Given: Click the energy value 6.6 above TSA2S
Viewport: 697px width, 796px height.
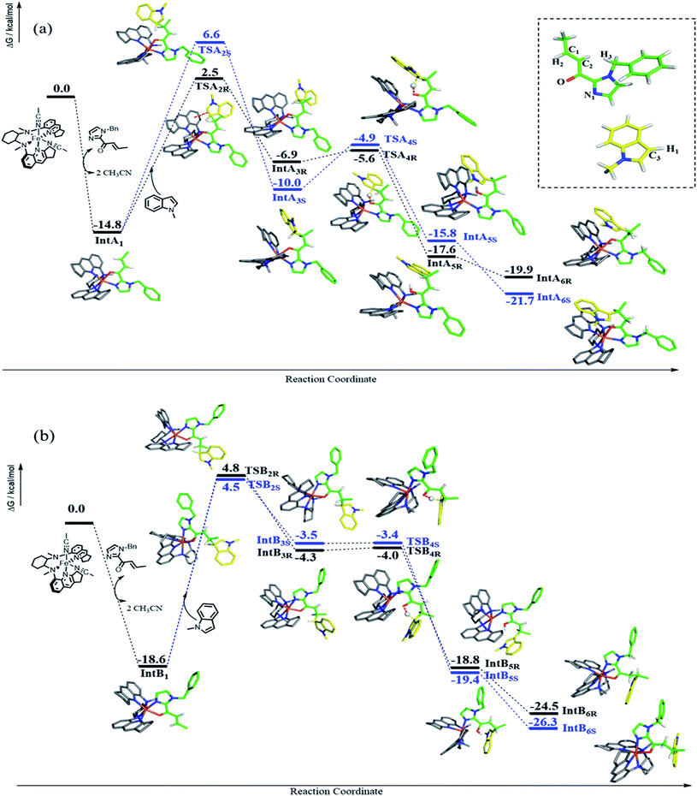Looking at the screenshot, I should click(x=209, y=34).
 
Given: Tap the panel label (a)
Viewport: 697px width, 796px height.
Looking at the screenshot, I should click(x=43, y=28).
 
